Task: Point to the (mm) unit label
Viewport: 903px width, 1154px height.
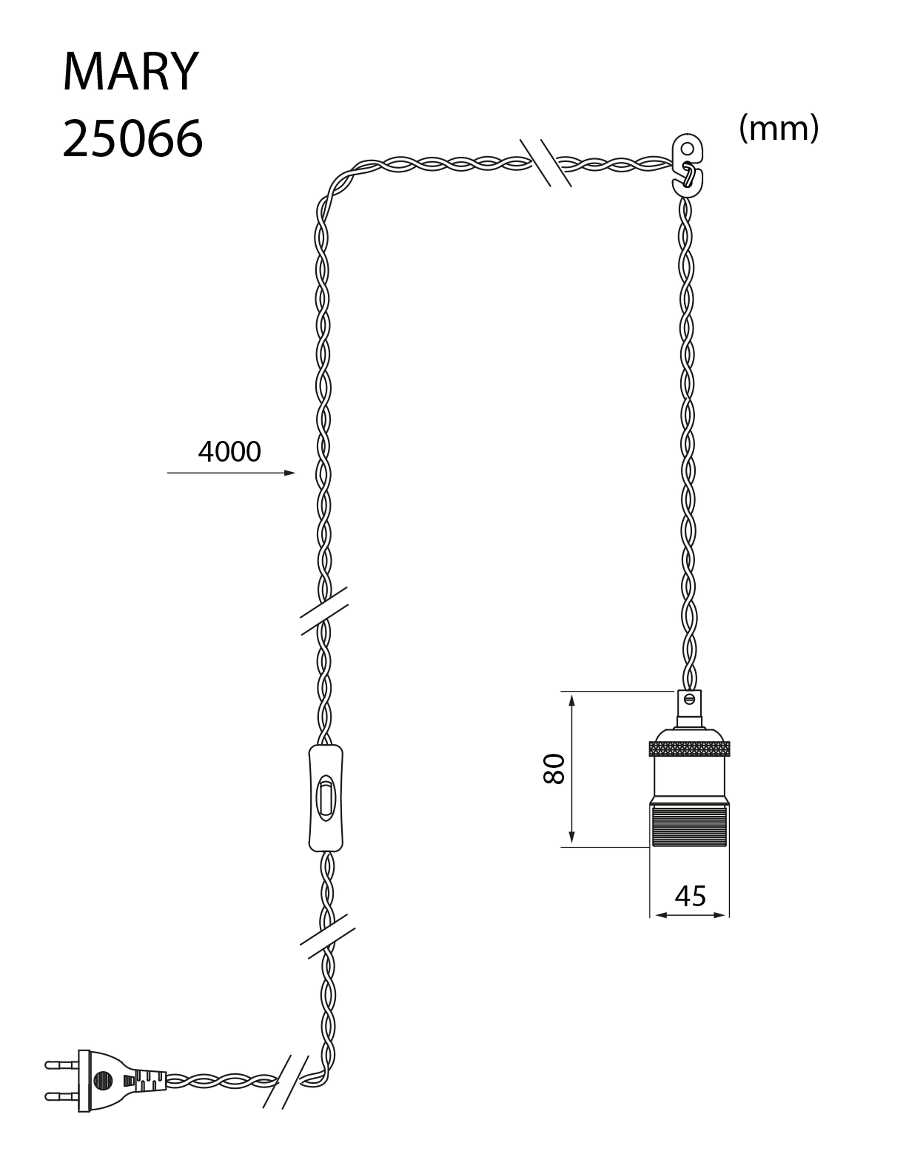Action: pos(779,128)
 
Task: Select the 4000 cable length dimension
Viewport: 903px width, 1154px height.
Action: pos(229,452)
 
